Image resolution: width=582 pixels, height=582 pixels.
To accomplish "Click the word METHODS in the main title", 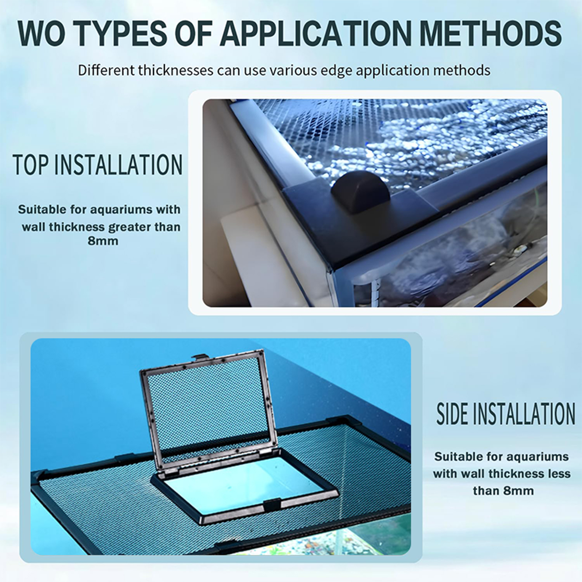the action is [493, 33].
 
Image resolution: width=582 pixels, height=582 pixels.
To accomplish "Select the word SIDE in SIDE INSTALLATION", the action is [454, 414].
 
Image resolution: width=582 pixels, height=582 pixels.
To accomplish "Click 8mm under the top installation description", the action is [103, 241].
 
